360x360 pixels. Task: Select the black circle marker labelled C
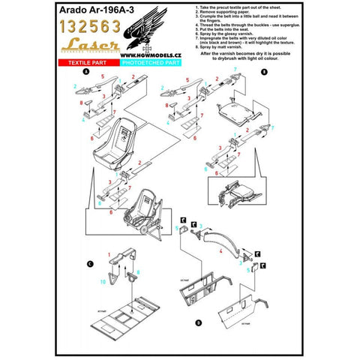coord(91,263)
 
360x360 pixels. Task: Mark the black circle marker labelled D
coord(197,322)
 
